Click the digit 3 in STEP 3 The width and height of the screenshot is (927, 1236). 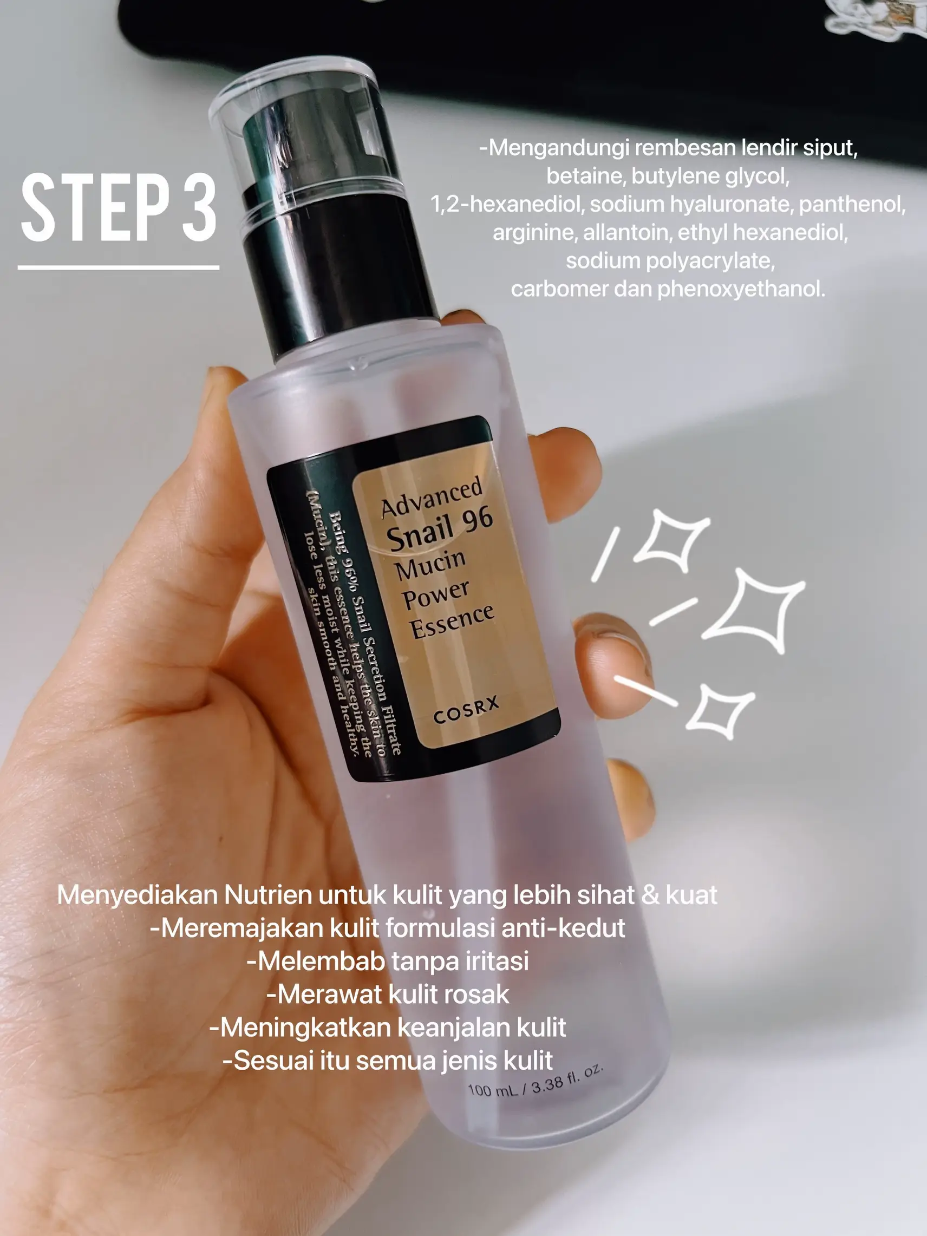(x=199, y=208)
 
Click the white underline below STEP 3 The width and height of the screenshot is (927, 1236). (x=118, y=267)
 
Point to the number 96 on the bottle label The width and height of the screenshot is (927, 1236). (x=477, y=520)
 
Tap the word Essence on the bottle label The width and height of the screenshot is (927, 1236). (x=452, y=620)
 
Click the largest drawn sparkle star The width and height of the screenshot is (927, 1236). (x=754, y=610)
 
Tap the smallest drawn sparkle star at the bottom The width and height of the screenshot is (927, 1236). (x=720, y=711)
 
